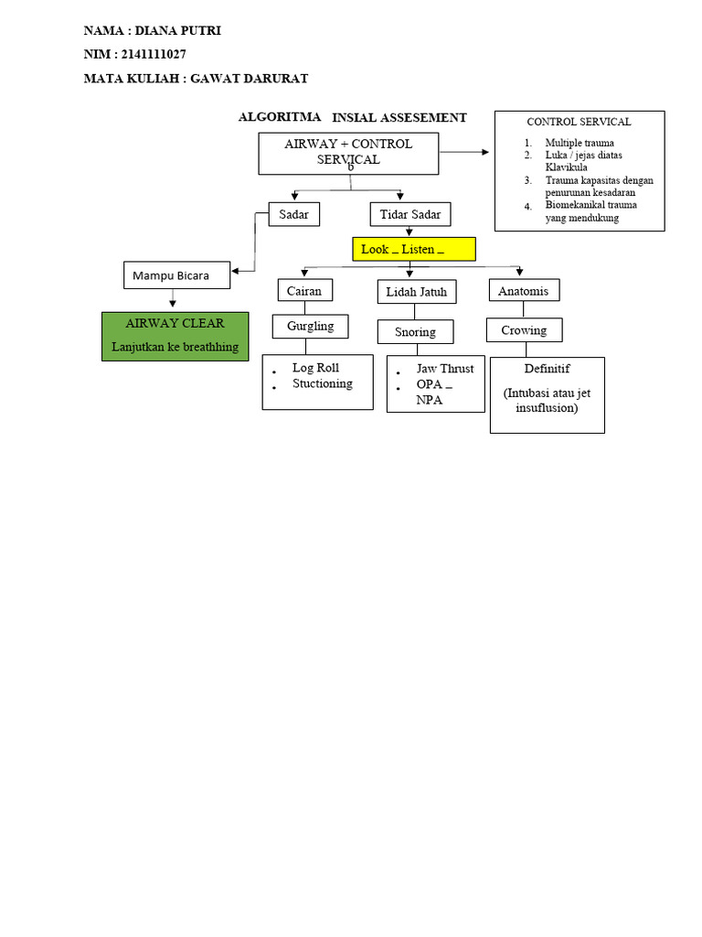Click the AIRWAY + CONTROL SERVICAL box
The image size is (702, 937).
[348, 152]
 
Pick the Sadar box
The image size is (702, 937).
[294, 215]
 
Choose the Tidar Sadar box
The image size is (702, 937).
[410, 215]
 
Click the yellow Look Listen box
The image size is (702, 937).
[414, 249]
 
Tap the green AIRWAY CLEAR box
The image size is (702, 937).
[175, 335]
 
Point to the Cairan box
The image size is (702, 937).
[304, 291]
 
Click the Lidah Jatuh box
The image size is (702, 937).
[417, 292]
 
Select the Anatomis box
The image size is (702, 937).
[524, 291]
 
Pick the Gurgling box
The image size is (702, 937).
[311, 326]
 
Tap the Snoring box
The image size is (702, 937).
[416, 331]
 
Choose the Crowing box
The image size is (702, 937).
[524, 330]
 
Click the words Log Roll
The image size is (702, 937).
[315, 368]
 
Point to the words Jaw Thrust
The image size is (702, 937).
[445, 369]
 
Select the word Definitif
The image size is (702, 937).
[547, 369]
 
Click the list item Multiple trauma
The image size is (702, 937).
[580, 143]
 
